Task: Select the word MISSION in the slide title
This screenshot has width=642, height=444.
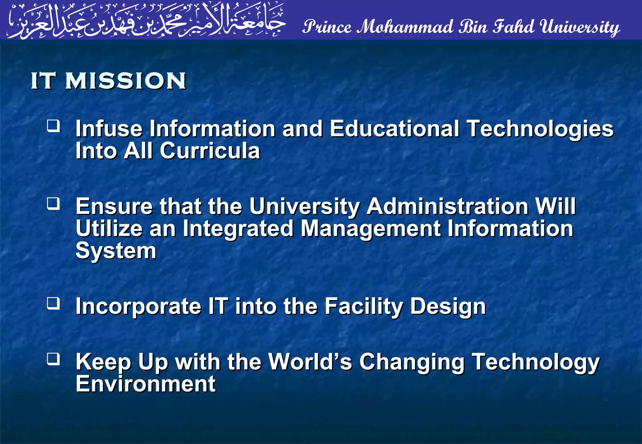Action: click(126, 81)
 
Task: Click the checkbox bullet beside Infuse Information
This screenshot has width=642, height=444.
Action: click(53, 126)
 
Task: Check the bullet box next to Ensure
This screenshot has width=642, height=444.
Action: click(53, 204)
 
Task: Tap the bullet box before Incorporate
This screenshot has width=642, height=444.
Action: click(53, 303)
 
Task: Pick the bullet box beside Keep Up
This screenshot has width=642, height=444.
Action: click(53, 359)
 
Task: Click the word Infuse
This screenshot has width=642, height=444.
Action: click(109, 129)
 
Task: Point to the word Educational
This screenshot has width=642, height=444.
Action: click(394, 129)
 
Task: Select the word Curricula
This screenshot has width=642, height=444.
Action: click(210, 151)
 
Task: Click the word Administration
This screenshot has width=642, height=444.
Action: click(448, 207)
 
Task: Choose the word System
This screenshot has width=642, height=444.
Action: click(116, 251)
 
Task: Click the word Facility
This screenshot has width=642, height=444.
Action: click(364, 306)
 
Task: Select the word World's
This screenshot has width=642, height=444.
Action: click(310, 362)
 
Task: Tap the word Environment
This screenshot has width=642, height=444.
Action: click(146, 384)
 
